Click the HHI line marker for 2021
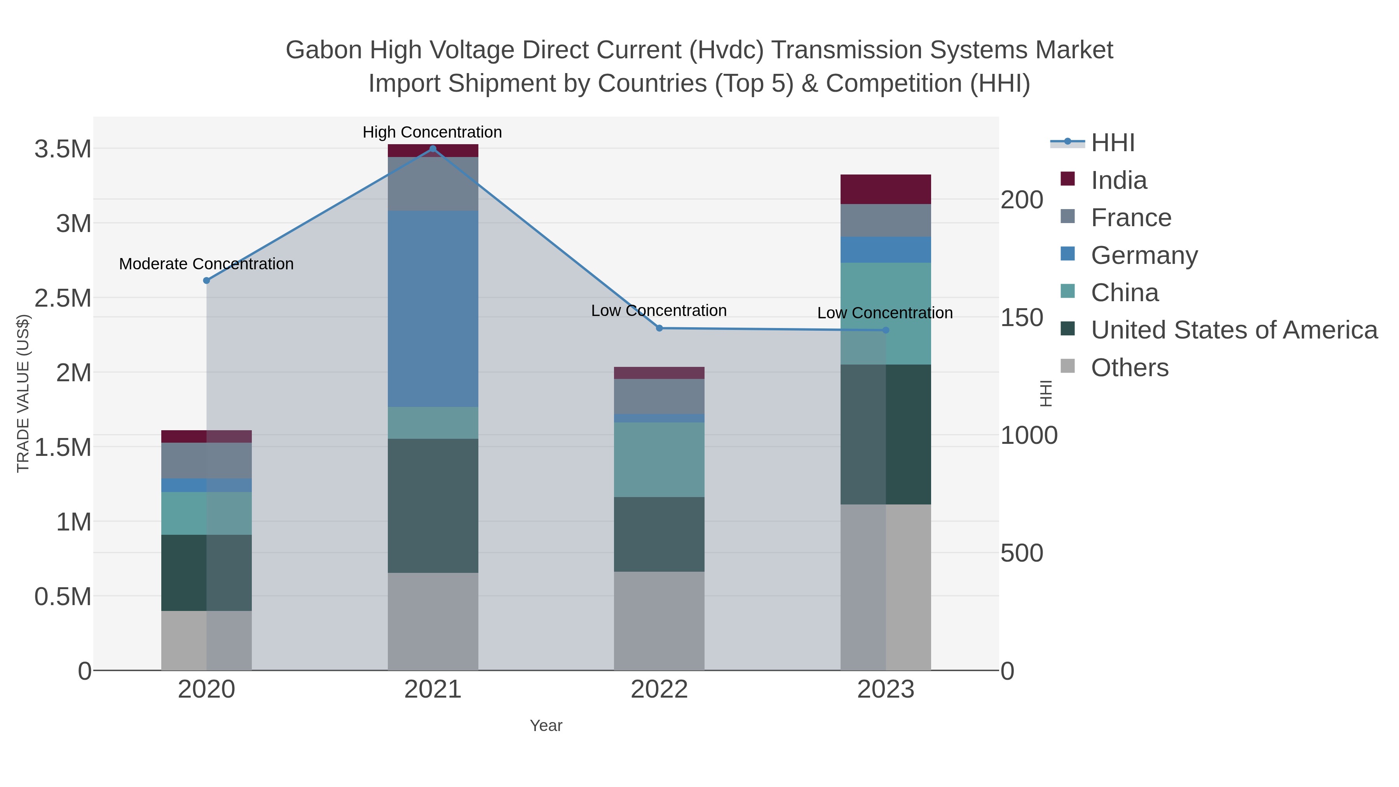[x=433, y=149]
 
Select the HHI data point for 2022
[x=659, y=328]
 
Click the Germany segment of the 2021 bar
[x=433, y=309]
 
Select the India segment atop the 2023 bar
[x=886, y=189]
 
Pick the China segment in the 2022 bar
[x=659, y=459]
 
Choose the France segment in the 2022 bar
[x=659, y=396]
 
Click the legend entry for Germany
[x=1144, y=255]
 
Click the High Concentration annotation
[x=432, y=132]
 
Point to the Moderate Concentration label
[x=206, y=264]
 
